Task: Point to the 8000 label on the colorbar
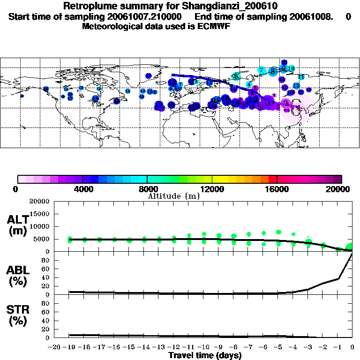[x=147, y=189]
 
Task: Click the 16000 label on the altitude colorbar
[x=277, y=189]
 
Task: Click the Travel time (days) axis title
[x=205, y=355]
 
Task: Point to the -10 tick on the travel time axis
[x=202, y=347]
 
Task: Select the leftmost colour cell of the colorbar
[x=22, y=179]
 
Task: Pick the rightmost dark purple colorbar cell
[x=338, y=179]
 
